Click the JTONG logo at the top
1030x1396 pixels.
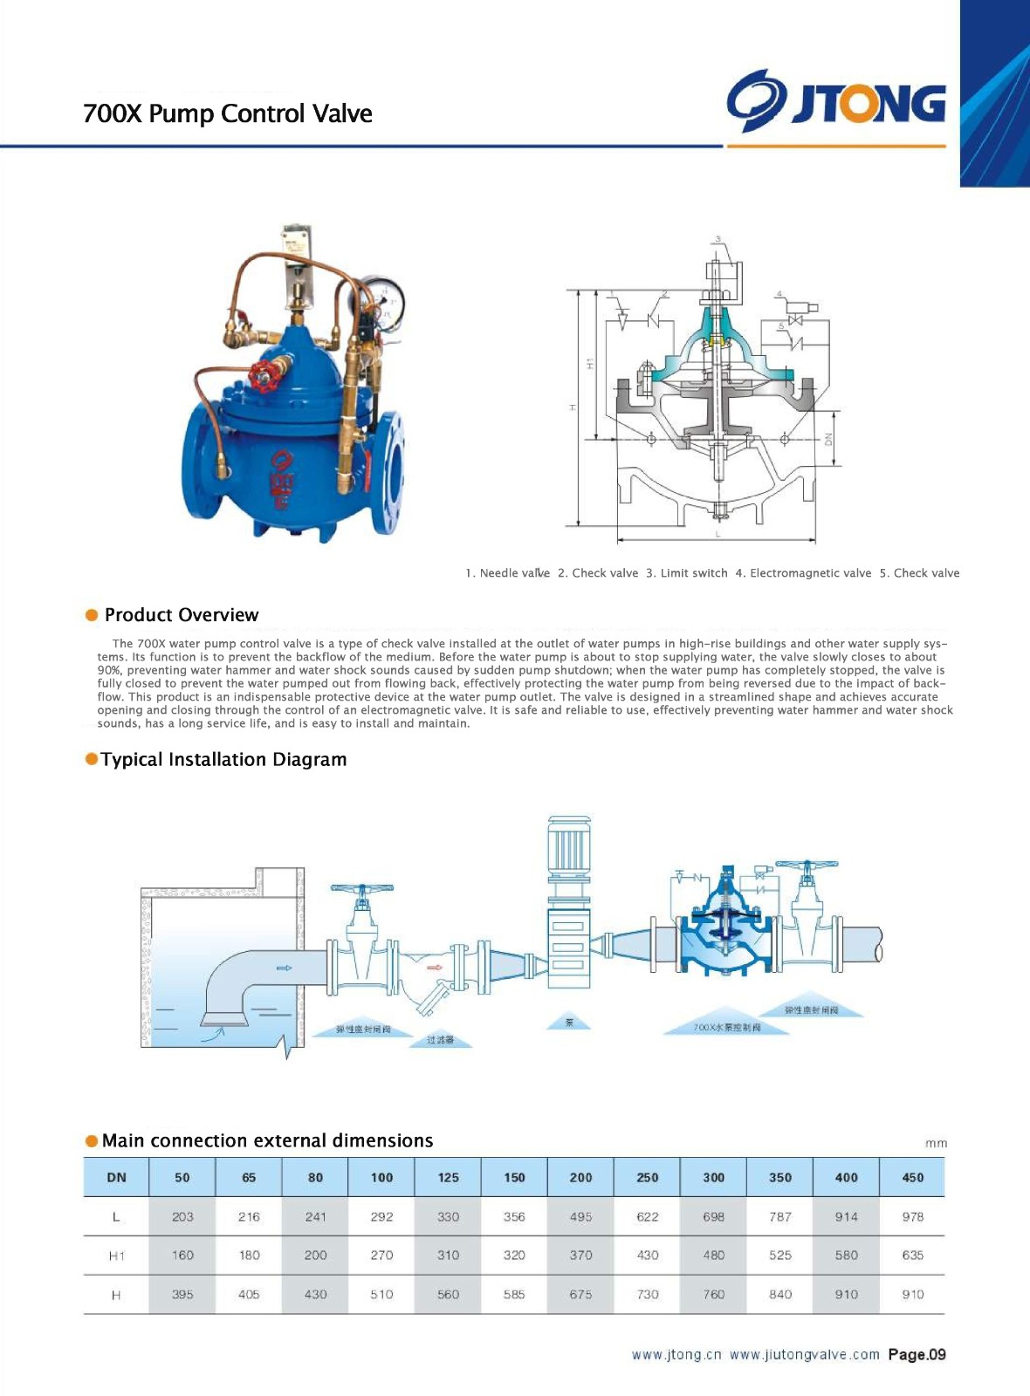coord(836,102)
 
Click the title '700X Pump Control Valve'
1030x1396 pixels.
coord(227,113)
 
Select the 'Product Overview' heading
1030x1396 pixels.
coord(181,615)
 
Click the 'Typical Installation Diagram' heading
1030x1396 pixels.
coord(223,760)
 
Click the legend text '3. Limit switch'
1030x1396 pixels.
coord(686,573)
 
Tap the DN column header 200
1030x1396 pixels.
coord(580,1178)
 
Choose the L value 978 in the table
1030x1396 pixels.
coord(912,1216)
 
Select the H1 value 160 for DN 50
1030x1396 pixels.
coord(182,1256)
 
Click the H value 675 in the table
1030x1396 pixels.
coord(580,1295)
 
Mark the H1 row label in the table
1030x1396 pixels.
coord(116,1256)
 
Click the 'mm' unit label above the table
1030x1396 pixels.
coord(935,1143)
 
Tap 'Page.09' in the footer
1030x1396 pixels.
coord(917,1355)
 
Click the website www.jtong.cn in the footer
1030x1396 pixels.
coord(676,1355)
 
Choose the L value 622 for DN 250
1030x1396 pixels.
coord(647,1216)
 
